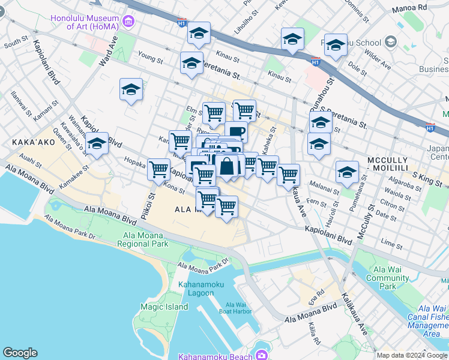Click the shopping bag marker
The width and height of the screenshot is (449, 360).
click(228, 166)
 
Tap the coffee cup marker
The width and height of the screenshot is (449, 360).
click(236, 131)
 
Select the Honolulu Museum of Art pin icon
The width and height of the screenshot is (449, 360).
click(128, 22)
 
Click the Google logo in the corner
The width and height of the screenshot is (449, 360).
click(20, 353)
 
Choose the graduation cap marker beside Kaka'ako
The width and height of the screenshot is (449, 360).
click(97, 144)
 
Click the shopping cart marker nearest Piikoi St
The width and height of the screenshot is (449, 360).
click(158, 170)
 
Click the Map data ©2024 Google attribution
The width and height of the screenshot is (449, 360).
click(412, 355)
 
